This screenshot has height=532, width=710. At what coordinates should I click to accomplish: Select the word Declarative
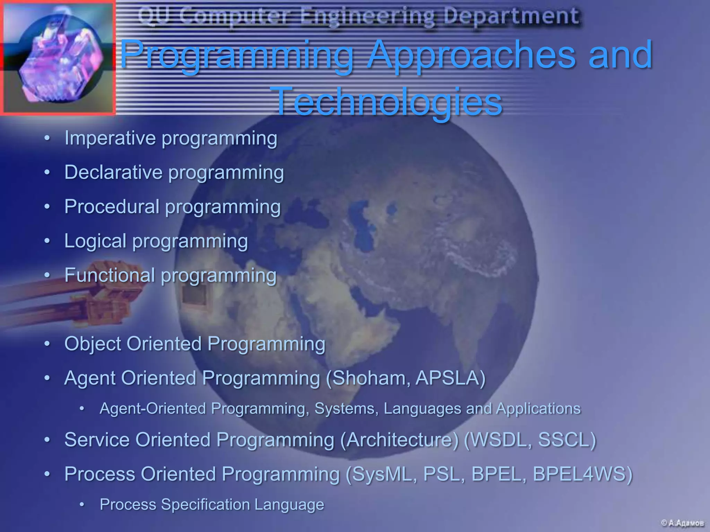tap(113, 172)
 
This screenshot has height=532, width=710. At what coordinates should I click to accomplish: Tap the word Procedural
tap(112, 206)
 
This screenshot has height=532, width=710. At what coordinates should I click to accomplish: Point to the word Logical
tap(95, 241)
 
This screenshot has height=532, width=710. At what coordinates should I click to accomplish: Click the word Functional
tap(110, 275)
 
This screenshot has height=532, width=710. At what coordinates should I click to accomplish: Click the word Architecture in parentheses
tap(399, 440)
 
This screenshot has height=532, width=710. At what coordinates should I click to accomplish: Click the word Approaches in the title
tap(471, 55)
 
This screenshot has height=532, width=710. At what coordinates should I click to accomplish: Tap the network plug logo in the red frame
tap(58, 57)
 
